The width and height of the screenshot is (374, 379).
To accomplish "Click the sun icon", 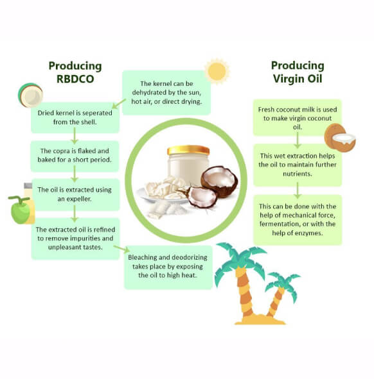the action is (x=217, y=71).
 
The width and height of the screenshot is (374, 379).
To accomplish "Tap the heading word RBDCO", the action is (x=75, y=79).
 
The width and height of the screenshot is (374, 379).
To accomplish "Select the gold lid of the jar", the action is (x=188, y=150).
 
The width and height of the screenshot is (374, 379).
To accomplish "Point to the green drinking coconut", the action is (x=20, y=210).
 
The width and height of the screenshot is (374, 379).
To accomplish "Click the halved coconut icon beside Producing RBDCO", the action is (x=30, y=95).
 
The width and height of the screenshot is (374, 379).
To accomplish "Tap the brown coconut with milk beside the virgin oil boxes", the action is (x=340, y=138).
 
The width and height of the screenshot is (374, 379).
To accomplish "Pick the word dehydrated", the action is (x=148, y=92).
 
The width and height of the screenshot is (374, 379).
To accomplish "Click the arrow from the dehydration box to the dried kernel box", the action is (x=119, y=104).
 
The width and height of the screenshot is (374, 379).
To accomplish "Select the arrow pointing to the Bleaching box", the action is (x=121, y=249).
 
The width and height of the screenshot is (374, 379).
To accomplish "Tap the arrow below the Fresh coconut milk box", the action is (x=298, y=140).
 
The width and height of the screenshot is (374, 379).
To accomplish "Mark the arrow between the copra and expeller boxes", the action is (x=75, y=174).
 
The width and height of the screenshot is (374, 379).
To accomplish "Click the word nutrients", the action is (x=298, y=174).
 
